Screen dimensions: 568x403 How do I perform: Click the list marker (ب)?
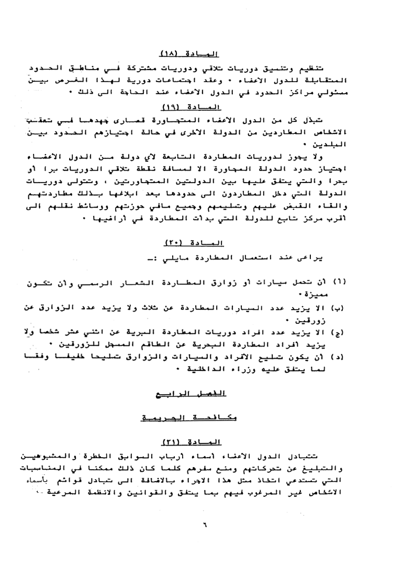[x=31, y=308]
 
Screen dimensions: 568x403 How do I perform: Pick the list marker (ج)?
[x=31, y=331]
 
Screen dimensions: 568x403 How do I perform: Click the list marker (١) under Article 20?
[x=31, y=283]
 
